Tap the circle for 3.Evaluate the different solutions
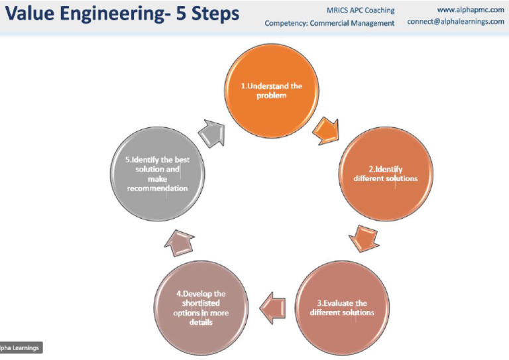pyautogui.click(x=342, y=307)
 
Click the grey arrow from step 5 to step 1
pyautogui.click(x=211, y=133)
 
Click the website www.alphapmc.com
pyautogui.click(x=471, y=9)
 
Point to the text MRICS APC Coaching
pyautogui.click(x=361, y=11)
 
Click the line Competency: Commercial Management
pyautogui.click(x=329, y=23)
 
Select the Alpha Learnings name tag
pyautogui.click(x=20, y=347)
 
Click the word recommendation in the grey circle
pyautogui.click(x=158, y=188)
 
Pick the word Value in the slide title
pyautogui.click(x=30, y=15)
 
